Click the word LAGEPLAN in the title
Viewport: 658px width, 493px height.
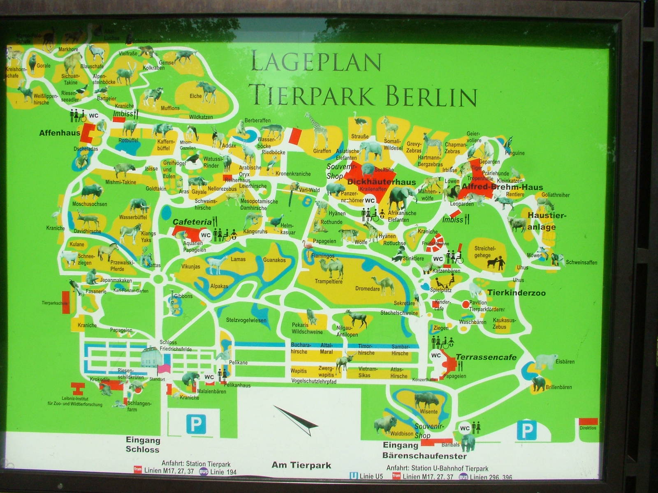(316, 62)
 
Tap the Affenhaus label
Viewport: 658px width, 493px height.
(59, 133)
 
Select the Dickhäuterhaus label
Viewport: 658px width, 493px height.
(381, 182)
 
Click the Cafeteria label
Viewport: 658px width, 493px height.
(192, 222)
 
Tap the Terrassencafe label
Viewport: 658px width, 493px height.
(486, 357)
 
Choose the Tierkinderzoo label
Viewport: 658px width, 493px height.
(516, 293)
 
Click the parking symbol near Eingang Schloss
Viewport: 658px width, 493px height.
(196, 424)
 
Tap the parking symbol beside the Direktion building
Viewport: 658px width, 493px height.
(527, 430)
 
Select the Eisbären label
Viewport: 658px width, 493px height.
(565, 362)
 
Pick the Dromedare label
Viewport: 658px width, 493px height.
(367, 289)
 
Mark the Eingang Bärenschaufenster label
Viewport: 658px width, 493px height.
(424, 451)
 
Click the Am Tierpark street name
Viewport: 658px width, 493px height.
(301, 465)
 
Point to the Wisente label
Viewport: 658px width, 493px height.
(429, 411)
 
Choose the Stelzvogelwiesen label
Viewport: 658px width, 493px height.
(246, 320)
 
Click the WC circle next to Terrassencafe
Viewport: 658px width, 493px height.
(436, 355)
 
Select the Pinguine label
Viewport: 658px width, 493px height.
(514, 153)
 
